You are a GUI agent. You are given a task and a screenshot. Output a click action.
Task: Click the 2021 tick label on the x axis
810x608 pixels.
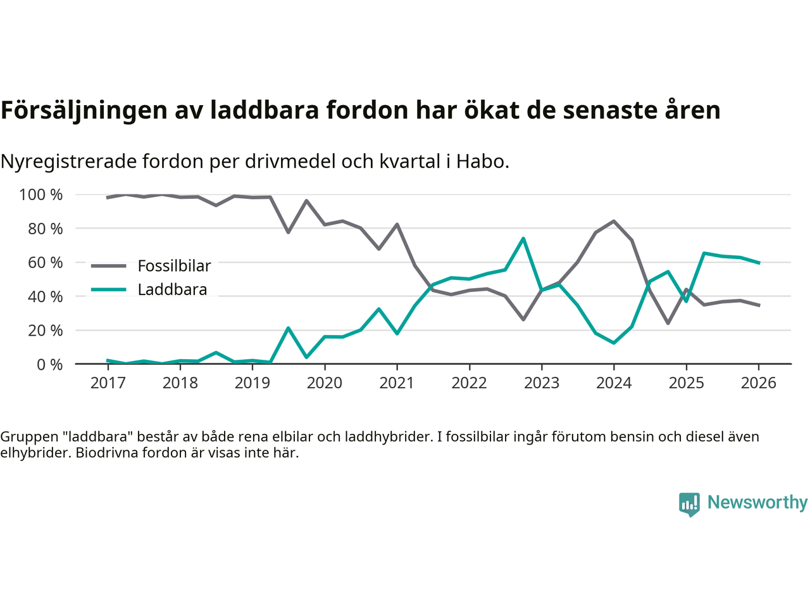[x=397, y=383]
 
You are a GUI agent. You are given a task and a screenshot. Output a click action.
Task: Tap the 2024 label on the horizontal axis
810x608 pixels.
[x=614, y=383]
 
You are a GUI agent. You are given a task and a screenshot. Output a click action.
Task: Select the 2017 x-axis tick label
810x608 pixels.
[x=108, y=383]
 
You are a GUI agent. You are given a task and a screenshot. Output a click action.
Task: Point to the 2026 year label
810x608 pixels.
[x=758, y=383]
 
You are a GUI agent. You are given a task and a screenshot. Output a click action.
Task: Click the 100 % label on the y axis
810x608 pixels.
[x=41, y=194]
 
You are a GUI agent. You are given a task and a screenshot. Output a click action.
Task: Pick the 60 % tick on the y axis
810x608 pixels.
[x=45, y=262]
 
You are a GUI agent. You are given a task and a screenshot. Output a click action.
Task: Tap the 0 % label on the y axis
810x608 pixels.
[x=49, y=364]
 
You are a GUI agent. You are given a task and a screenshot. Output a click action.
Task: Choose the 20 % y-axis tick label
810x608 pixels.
[x=45, y=330]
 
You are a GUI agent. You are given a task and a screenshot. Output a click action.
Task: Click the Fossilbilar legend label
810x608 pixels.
[x=174, y=266]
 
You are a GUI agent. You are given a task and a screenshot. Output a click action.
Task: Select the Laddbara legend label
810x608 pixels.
[x=172, y=289]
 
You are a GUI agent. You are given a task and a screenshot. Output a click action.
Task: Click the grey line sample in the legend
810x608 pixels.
[x=108, y=266]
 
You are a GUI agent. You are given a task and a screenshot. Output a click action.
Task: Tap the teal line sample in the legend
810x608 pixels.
[x=108, y=289]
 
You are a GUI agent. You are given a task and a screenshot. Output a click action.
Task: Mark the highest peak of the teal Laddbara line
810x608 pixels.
[x=523, y=239]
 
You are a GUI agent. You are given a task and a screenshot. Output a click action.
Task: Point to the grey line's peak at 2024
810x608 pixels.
[x=614, y=221]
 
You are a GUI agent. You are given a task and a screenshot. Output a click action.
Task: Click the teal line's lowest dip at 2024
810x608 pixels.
[x=614, y=343]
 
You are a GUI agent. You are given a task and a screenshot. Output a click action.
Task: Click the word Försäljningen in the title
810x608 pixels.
[x=84, y=110]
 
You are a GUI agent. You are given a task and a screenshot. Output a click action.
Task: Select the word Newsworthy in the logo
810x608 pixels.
[x=757, y=502]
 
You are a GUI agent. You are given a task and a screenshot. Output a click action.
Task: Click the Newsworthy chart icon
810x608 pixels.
[x=689, y=504]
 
